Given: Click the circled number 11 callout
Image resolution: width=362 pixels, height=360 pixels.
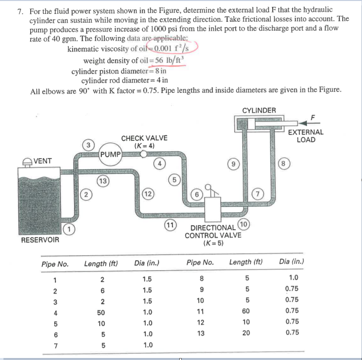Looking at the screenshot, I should coord(170,226).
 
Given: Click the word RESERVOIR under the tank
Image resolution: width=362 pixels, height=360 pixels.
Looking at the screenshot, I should coord(40,240).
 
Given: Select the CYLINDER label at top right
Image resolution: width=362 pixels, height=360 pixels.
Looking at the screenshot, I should coord(259,110).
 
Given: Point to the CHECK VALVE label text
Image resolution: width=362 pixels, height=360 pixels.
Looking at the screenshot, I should coord(144,138).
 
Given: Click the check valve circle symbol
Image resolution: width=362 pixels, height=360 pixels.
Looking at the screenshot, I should coord(143,154).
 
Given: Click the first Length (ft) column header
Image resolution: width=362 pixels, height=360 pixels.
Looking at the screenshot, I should coord(101,264).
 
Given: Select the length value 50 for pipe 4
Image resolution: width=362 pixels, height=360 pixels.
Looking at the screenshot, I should coord(101,312).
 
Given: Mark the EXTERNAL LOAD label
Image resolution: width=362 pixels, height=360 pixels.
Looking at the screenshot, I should coord(306,136).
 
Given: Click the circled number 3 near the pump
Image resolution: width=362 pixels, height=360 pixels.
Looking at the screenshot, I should coord(88,146).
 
